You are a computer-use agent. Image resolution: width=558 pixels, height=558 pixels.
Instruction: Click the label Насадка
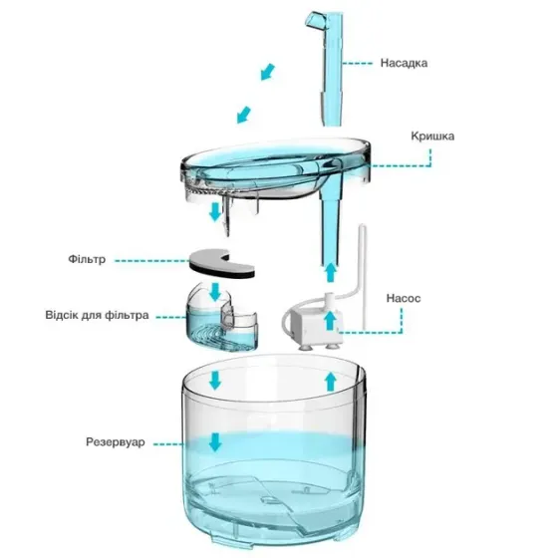(404, 63)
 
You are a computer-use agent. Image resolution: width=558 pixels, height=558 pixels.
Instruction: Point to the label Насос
(406, 297)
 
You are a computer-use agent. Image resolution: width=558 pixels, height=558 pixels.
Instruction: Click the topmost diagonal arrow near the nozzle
(266, 71)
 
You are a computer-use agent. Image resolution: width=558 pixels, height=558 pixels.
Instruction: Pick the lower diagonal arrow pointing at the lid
(242, 113)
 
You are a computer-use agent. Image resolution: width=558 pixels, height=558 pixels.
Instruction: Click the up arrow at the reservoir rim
(330, 382)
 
